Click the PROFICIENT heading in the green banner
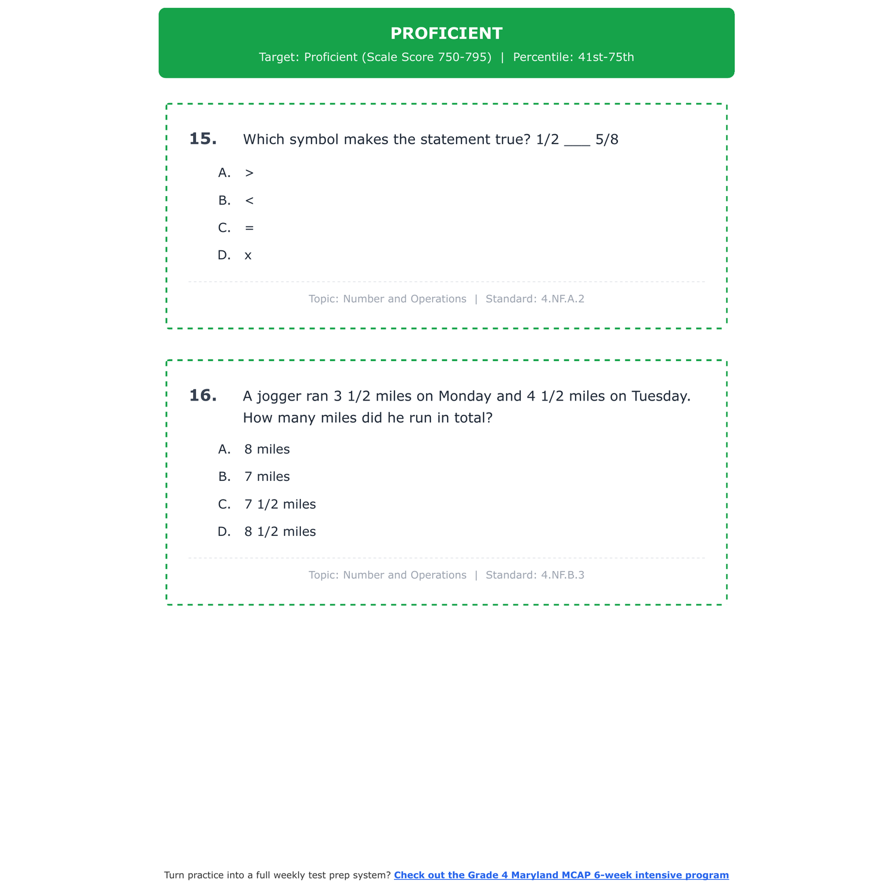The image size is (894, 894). pos(446,33)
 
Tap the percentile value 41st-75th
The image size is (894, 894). pos(606,57)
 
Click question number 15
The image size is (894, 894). pos(203,139)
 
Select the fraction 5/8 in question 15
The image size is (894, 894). pos(607,139)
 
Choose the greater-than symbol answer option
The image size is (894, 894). pos(249,173)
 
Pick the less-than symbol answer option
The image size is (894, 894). pos(249,200)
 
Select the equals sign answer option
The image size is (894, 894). pos(249,228)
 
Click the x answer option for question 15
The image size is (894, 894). pos(248,256)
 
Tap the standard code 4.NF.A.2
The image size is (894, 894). pos(563,299)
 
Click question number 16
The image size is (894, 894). pos(203,396)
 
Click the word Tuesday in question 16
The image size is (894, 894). pos(660,396)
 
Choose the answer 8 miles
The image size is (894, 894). pos(267,449)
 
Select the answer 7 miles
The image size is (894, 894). pos(267,477)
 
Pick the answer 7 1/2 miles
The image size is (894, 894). pos(280,504)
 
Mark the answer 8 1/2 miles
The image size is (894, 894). pos(280,532)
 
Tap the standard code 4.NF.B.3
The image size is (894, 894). pos(563,575)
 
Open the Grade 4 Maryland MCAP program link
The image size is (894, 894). pos(561,875)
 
